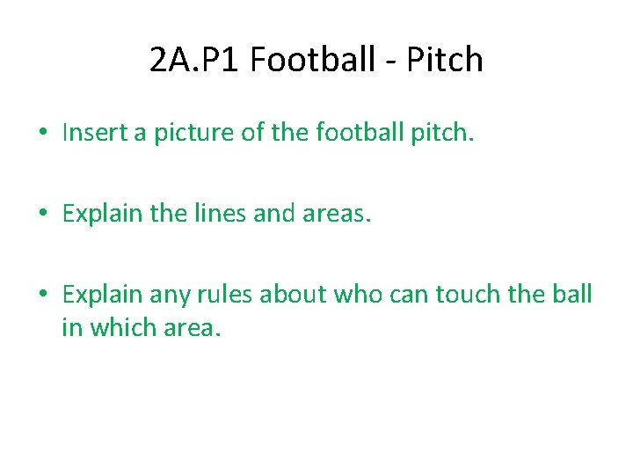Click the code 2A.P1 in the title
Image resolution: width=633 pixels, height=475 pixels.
click(x=195, y=60)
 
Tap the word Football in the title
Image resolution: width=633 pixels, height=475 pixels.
click(x=309, y=60)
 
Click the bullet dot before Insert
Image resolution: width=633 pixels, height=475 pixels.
click(x=42, y=134)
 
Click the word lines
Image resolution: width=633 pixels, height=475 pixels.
click(x=234, y=214)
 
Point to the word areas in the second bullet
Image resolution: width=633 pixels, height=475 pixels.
click(x=338, y=214)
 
